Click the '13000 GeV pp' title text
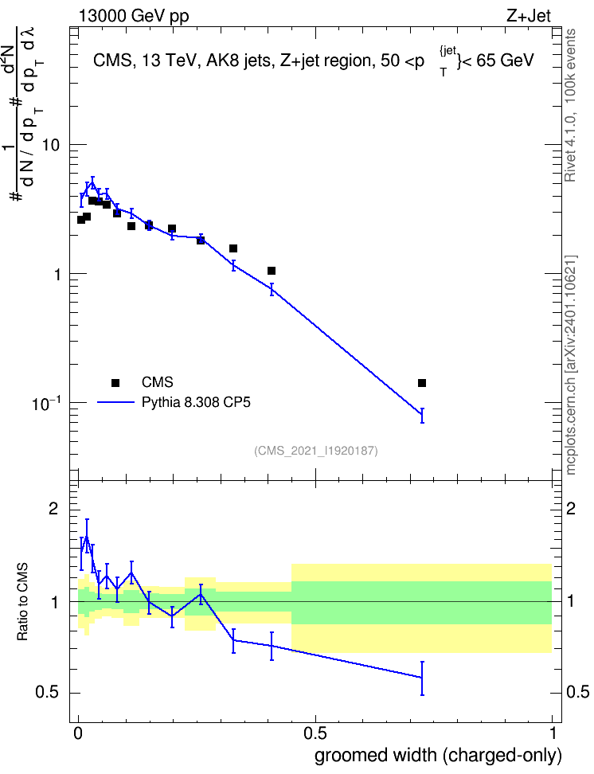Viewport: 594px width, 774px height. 133,16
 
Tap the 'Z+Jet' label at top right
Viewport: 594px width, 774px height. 529,16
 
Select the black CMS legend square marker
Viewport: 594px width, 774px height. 115,382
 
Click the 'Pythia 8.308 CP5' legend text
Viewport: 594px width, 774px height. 196,402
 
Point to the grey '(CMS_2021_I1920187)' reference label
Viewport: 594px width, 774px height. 316,450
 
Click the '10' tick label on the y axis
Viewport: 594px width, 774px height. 51,145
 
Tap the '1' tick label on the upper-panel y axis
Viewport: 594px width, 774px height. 57,275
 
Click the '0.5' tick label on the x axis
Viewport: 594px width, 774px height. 315,733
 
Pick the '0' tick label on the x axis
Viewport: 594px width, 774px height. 78,733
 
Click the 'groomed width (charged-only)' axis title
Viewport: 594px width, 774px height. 438,756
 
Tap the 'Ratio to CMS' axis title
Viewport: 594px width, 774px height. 22,602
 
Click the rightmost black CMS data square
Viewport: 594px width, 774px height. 422,383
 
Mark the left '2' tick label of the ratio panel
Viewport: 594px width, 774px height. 53,508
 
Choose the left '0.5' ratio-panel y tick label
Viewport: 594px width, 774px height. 48,693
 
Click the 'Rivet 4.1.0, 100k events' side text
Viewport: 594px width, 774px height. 570,105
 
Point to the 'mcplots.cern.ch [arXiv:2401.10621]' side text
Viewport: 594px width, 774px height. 570,365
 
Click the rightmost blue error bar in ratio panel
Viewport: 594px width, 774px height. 422,678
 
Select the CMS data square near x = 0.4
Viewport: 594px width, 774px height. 271,271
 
